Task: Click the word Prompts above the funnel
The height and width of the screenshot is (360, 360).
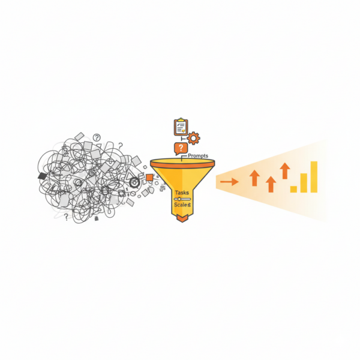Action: coord(198,155)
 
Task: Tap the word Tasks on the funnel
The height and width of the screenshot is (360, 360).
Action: coord(182,193)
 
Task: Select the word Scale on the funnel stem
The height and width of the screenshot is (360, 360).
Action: coord(181,205)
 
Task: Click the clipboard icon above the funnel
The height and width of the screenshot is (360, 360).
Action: coord(181,127)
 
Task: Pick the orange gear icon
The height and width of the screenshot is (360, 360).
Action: coord(193,138)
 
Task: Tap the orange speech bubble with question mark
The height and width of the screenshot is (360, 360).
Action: coord(181,149)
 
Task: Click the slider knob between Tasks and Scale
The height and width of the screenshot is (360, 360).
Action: coord(179,199)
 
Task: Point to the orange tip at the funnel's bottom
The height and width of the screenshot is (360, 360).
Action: coord(182,218)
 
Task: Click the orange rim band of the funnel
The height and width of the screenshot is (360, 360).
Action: coord(182,163)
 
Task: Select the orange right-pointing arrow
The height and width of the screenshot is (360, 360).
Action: coord(229,182)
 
